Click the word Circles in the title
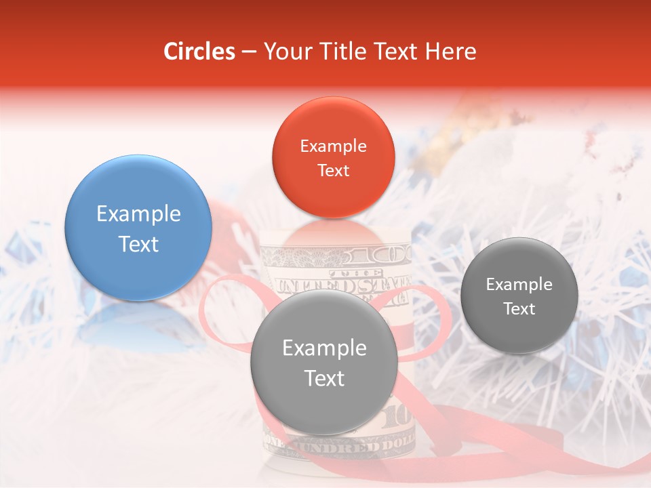(x=199, y=52)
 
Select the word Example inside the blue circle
(x=138, y=214)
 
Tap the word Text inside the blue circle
(x=138, y=245)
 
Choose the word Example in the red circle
(x=333, y=146)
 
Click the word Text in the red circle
(x=333, y=171)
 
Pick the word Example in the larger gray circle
(x=324, y=348)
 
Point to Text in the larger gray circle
(x=324, y=378)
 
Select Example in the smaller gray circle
(x=519, y=285)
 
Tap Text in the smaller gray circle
(x=519, y=309)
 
